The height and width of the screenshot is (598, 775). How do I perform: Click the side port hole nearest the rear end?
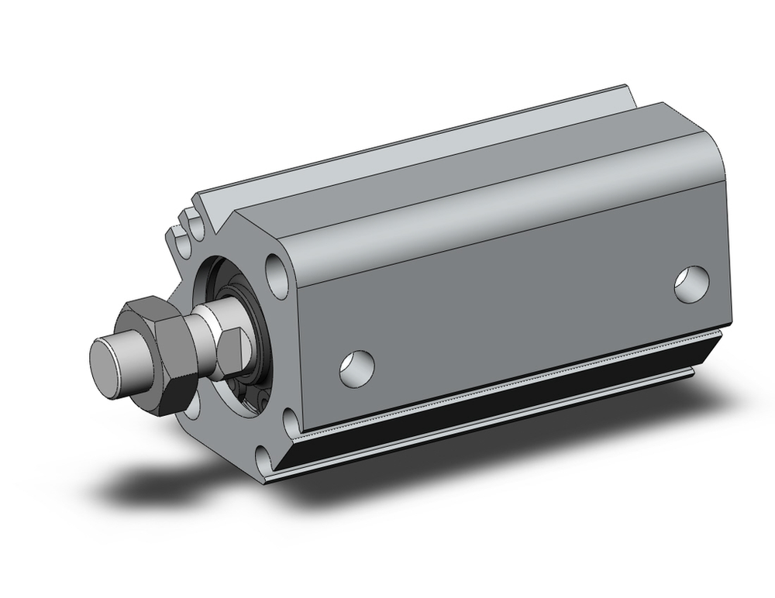[692, 284]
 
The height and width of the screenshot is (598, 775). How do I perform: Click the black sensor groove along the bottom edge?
[496, 411]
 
